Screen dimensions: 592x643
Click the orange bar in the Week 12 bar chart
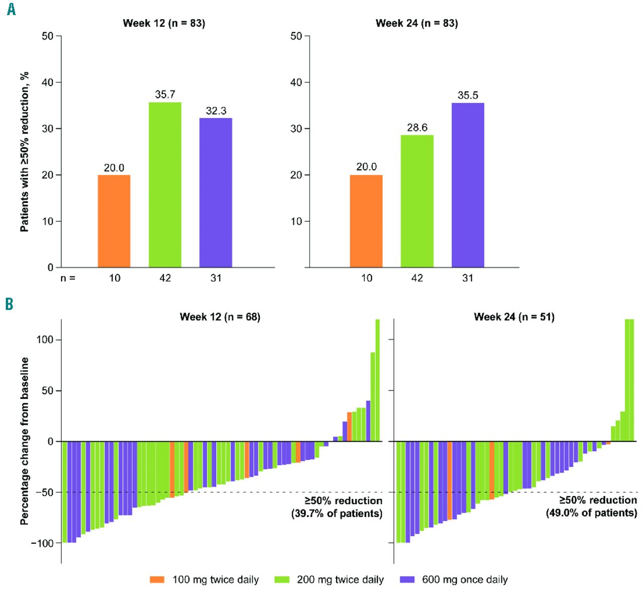pyautogui.click(x=114, y=221)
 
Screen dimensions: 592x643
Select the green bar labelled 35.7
pyautogui.click(x=165, y=185)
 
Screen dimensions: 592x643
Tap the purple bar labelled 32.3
pyautogui.click(x=216, y=192)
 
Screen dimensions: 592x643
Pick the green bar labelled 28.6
pyautogui.click(x=417, y=201)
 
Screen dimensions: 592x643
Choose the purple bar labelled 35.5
pyautogui.click(x=468, y=185)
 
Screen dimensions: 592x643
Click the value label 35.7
pyautogui.click(x=165, y=94)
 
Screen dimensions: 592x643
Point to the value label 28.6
pyautogui.click(x=417, y=128)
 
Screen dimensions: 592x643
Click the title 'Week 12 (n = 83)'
pyautogui.click(x=164, y=23)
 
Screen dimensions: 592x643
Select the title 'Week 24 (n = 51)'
pyautogui.click(x=514, y=317)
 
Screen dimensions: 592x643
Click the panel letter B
pyautogui.click(x=9, y=304)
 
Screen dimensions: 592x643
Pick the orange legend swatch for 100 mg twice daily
pyautogui.click(x=157, y=579)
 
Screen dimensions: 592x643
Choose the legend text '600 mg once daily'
pyautogui.click(x=465, y=580)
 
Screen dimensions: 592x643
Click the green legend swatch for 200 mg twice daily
pyautogui.click(x=282, y=579)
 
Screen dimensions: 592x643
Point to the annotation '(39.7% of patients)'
pyautogui.click(x=337, y=514)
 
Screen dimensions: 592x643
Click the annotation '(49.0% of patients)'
pyautogui.click(x=591, y=513)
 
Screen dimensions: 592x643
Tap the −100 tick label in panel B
pyautogui.click(x=42, y=543)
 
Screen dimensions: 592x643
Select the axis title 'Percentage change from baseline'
pyautogui.click(x=24, y=441)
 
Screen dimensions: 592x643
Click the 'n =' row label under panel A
pyautogui.click(x=68, y=278)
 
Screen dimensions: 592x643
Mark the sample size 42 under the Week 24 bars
pyautogui.click(x=417, y=278)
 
